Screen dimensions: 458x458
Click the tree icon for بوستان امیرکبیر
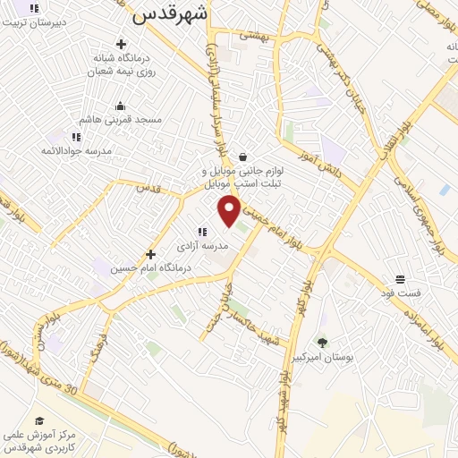(322, 342)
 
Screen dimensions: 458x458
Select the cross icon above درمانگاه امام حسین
(150, 254)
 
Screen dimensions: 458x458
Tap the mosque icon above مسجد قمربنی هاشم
(121, 106)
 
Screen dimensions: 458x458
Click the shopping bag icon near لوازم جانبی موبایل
(242, 157)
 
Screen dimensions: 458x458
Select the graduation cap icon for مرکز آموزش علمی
(39, 420)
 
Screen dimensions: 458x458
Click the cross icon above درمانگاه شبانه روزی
(121, 43)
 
